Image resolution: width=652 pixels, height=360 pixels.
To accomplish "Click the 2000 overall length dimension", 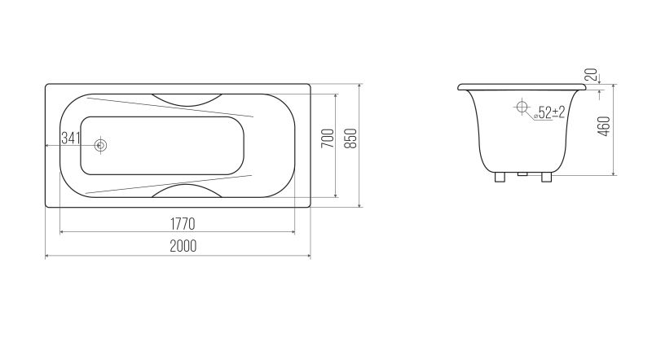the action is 183,246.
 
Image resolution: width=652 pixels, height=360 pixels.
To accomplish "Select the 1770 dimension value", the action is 183,224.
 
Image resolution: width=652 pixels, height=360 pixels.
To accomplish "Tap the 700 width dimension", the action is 328,138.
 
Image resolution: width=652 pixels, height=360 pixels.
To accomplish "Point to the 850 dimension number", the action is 350,138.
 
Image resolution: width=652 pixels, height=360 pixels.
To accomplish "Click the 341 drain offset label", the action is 70,138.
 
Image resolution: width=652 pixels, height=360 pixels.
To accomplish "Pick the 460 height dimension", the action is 604,126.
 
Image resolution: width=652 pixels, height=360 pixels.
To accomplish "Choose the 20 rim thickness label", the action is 591,75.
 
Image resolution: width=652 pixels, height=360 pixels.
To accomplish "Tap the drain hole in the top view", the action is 100,145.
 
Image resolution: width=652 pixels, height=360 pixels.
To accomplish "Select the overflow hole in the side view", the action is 522,107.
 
